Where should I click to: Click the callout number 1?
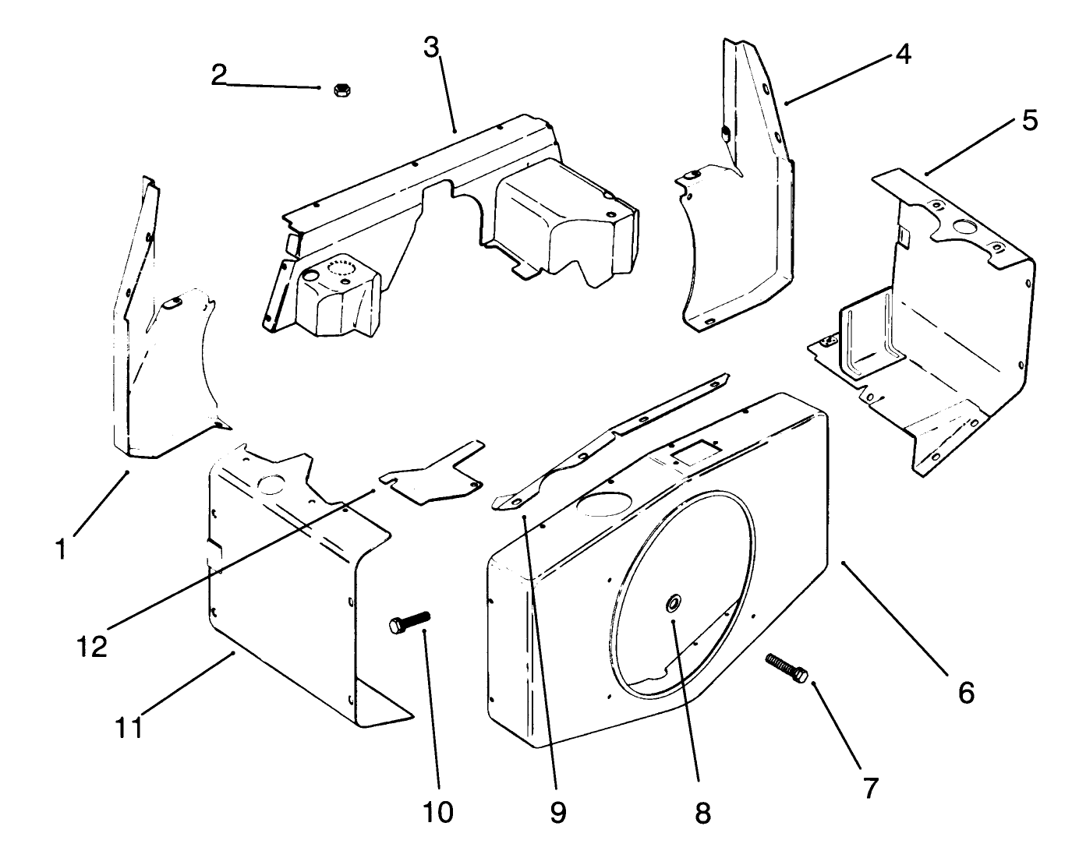62,549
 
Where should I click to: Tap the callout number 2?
219,75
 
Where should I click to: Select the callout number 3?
431,48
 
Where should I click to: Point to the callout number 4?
903,55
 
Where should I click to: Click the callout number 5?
1030,121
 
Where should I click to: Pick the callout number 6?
967,693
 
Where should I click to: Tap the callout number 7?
870,789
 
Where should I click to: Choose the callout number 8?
702,813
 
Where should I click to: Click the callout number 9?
558,813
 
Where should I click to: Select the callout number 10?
438,813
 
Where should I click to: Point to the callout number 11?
129,728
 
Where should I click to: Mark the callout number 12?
92,647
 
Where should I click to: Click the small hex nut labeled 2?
341,90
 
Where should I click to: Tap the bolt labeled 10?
409,622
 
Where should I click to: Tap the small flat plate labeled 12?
431,472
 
